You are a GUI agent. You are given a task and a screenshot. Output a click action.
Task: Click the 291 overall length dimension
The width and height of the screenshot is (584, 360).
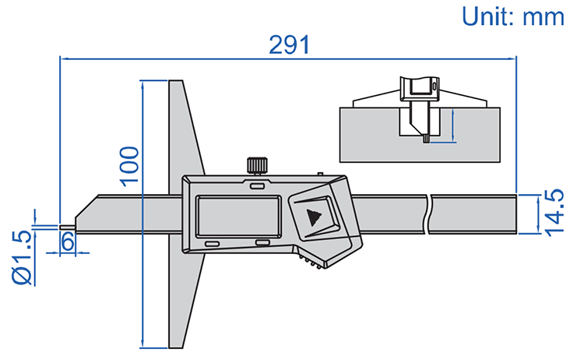pyautogui.click(x=290, y=45)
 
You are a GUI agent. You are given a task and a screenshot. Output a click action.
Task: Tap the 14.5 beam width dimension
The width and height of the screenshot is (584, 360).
pyautogui.click(x=554, y=212)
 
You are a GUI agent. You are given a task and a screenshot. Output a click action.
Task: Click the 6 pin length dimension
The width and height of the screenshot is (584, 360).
pyautogui.click(x=68, y=242)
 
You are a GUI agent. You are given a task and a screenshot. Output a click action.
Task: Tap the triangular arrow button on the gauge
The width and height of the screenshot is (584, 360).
pyautogui.click(x=314, y=217)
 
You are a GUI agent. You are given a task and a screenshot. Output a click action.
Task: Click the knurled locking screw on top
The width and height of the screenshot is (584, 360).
pyautogui.click(x=257, y=165)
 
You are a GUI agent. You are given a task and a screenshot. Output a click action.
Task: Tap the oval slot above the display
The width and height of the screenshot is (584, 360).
pyautogui.click(x=256, y=185)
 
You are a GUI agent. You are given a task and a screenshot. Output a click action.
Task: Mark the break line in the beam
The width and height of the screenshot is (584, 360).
pyautogui.click(x=429, y=213)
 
